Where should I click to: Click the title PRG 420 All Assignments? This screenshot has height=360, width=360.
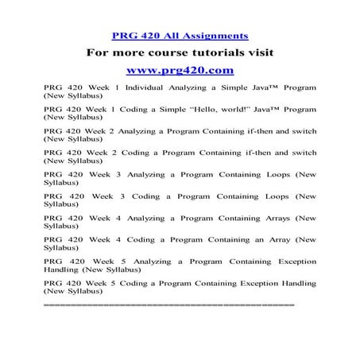(180, 35)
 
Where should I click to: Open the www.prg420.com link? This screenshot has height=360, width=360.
(180, 70)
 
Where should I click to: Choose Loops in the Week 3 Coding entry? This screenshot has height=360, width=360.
(267, 195)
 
